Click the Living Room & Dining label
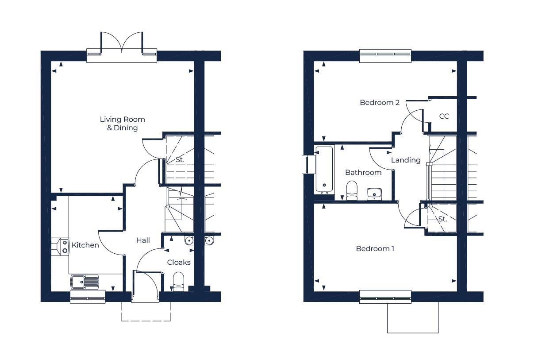[122, 124]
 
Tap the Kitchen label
[85, 245]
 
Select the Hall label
[143, 240]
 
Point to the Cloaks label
[179, 262]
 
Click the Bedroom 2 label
[380, 102]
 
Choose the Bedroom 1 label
[375, 248]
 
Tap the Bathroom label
[363, 172]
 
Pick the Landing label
[406, 160]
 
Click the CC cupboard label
[444, 116]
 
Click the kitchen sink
[84, 282]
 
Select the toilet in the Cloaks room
[178, 281]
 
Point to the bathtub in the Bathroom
[324, 170]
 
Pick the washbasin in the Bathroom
[374, 193]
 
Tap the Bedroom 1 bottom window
[385, 297]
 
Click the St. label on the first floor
[442, 219]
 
